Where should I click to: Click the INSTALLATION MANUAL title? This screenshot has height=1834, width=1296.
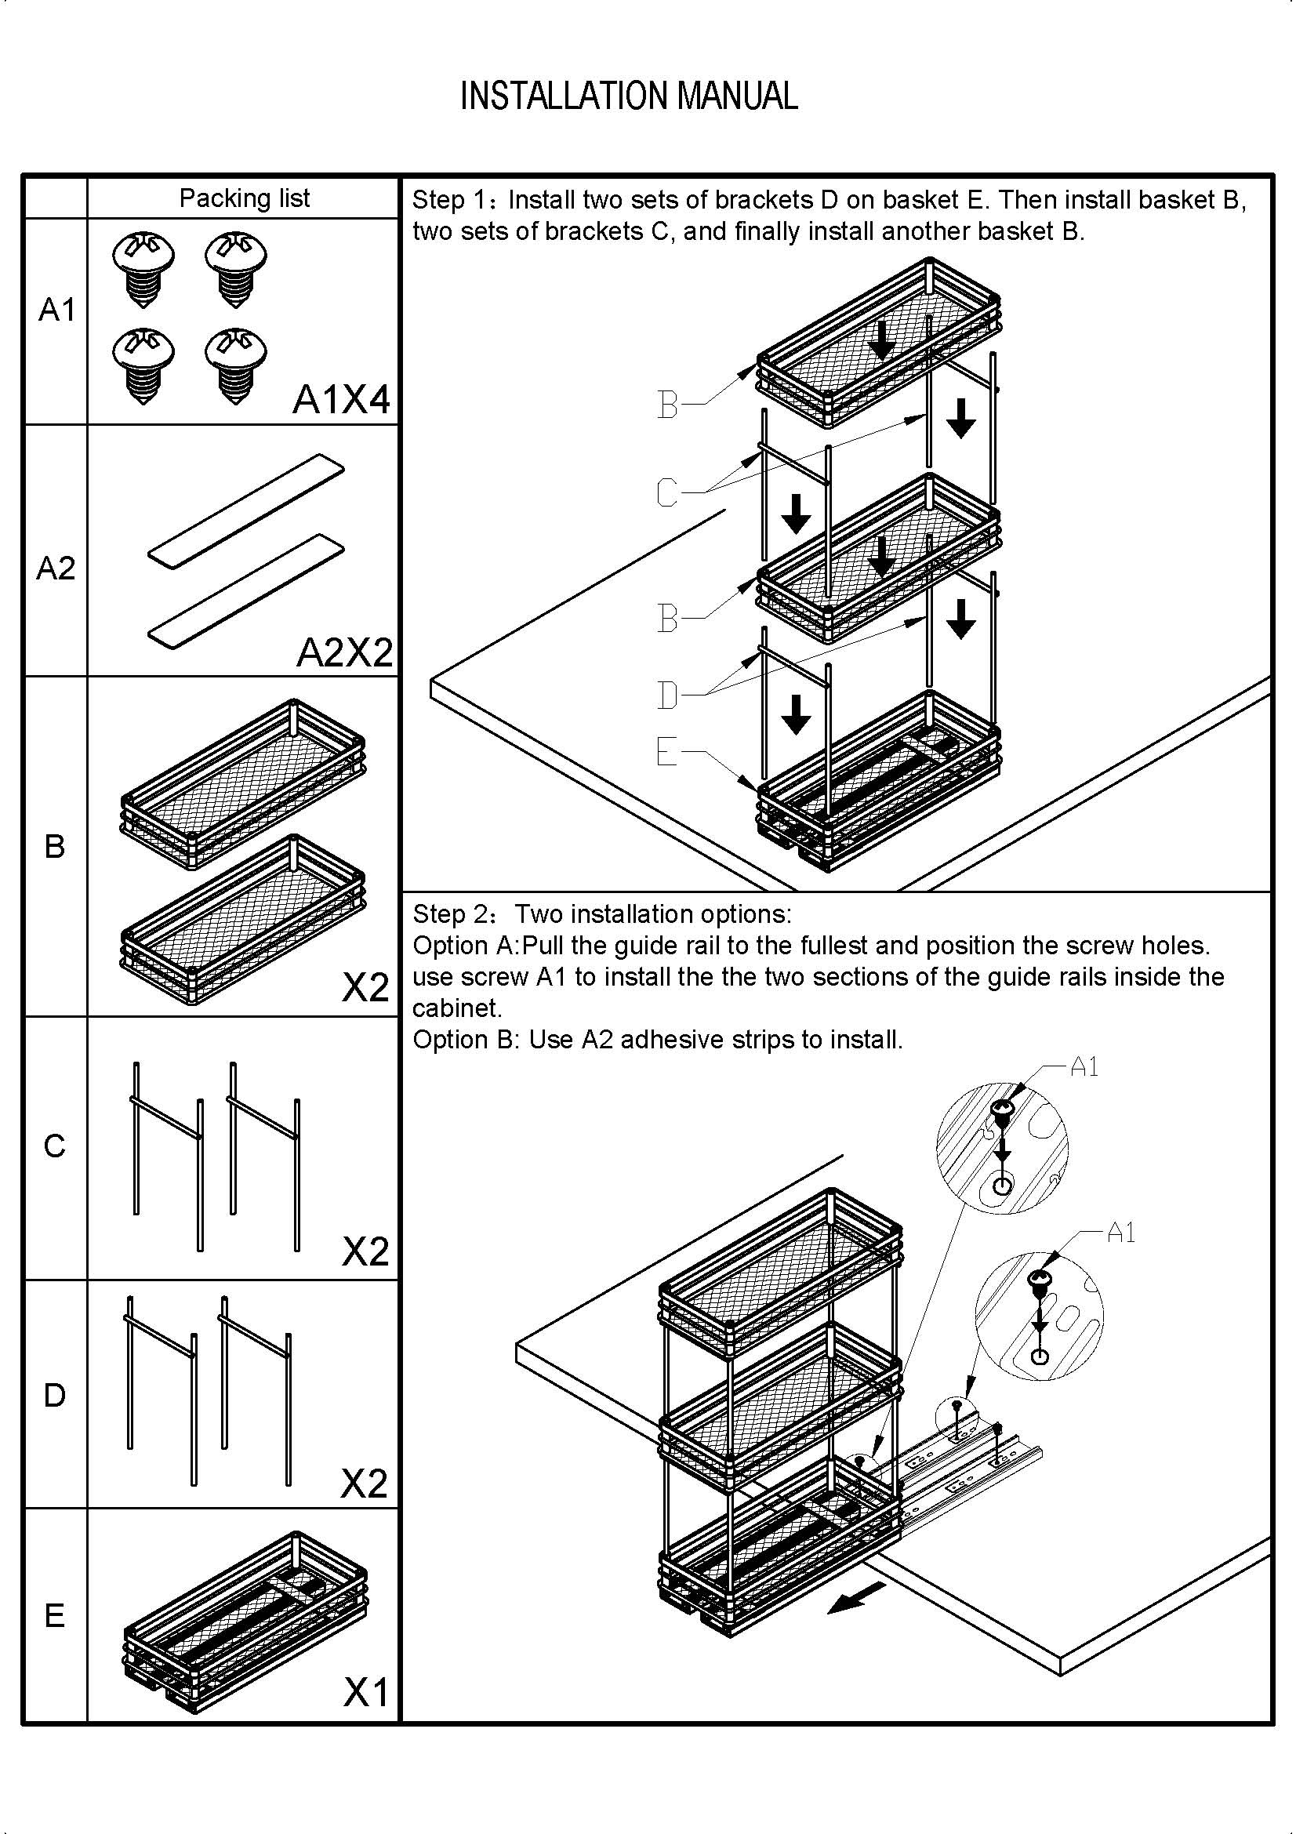pos(629,96)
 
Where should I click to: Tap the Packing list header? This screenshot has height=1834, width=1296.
pos(244,198)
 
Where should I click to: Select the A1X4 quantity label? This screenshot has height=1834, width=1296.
pos(341,398)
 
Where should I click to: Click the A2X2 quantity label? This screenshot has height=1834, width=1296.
pos(344,652)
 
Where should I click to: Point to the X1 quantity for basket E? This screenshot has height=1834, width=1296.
pos(365,1691)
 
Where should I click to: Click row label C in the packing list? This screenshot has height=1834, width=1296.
pos(54,1146)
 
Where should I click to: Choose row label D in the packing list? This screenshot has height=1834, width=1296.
pos(54,1395)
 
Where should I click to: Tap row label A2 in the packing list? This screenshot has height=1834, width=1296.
pos(55,568)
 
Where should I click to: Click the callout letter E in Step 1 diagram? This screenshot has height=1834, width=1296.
pos(666,752)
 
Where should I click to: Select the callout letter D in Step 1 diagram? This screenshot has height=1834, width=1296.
pos(666,694)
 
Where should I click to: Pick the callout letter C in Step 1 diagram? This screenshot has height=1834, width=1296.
pos(666,492)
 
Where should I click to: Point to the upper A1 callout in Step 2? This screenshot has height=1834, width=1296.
pos(1084,1066)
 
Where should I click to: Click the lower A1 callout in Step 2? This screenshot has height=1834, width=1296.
pos(1120,1233)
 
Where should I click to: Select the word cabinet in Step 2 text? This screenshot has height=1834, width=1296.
pos(456,1008)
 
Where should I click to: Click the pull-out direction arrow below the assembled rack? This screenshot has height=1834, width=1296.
pos(857,1598)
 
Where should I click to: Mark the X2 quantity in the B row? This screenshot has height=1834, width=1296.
pos(365,988)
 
